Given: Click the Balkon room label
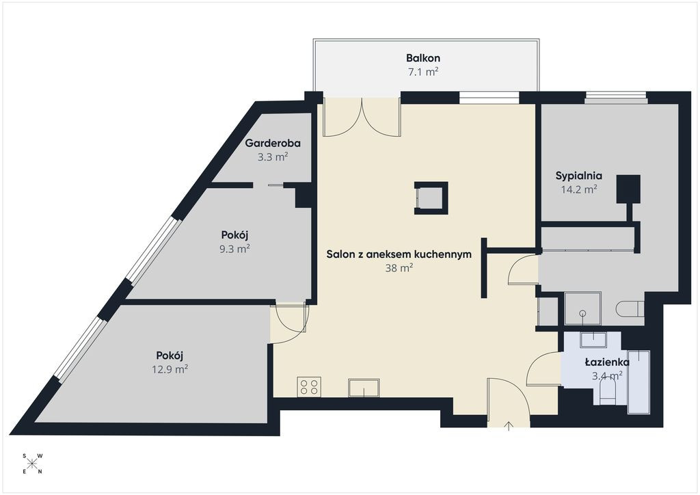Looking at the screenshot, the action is [422, 58].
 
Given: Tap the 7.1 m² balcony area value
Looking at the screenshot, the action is [423, 71].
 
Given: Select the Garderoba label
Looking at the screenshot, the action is [272, 144].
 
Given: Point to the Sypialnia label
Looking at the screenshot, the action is [578, 176].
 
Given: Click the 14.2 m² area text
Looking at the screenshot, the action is [579, 189].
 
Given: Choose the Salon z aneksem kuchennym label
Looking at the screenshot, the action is [399, 254].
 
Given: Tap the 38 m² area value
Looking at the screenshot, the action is [399, 268].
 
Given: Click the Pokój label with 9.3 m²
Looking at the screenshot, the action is [234, 235].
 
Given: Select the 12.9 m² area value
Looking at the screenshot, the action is [170, 369].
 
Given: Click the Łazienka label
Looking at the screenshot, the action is [607, 362].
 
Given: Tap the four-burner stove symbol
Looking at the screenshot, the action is [309, 386].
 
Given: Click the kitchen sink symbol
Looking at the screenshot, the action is [364, 388].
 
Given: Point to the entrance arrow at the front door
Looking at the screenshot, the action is [509, 426].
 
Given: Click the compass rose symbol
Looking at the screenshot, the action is [32, 464].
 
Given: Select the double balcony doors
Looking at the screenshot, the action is [361, 116].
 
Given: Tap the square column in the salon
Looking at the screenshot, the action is [431, 198].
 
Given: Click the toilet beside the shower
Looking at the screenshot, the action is [630, 308].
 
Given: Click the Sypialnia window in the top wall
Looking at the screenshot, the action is [616, 98].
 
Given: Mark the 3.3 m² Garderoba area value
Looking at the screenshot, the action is [272, 157].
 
